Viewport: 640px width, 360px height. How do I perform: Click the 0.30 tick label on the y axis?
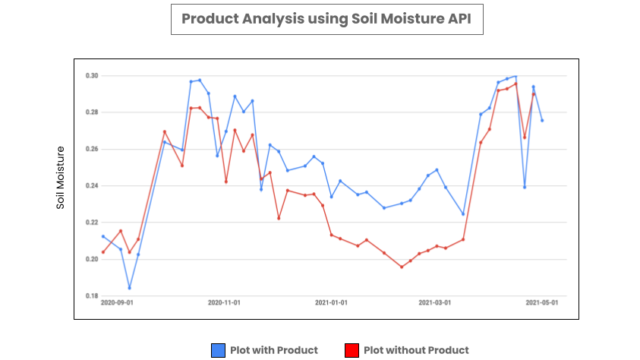pyautogui.click(x=92, y=76)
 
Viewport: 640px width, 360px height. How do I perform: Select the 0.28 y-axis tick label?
pyautogui.click(x=92, y=112)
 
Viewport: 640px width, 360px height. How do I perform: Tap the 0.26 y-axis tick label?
pyautogui.click(x=92, y=149)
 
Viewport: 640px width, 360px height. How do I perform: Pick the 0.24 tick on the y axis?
pyautogui.click(x=92, y=186)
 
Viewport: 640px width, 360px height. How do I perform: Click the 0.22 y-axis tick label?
pyautogui.click(x=92, y=223)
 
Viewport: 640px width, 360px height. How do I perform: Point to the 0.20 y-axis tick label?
pyautogui.click(x=92, y=259)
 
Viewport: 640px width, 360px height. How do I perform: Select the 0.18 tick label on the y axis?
pyautogui.click(x=92, y=295)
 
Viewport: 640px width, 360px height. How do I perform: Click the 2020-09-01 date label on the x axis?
pyautogui.click(x=117, y=302)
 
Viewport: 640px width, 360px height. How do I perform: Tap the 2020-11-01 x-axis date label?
pyautogui.click(x=224, y=302)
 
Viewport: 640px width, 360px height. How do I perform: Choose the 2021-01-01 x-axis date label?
pyautogui.click(x=331, y=302)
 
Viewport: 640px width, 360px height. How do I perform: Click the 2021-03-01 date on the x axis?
pyautogui.click(x=434, y=302)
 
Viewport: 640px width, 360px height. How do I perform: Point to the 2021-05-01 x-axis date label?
pyautogui.click(x=542, y=302)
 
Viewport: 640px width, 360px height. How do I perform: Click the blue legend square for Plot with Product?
pyautogui.click(x=219, y=350)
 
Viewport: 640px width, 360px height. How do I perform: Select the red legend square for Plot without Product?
pyautogui.click(x=352, y=350)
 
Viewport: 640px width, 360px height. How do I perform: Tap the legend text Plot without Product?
pyautogui.click(x=416, y=350)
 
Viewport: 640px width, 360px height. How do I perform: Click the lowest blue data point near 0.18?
pyautogui.click(x=129, y=288)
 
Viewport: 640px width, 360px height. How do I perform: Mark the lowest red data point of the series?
pyautogui.click(x=402, y=267)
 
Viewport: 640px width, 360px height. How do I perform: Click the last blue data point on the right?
pyautogui.click(x=542, y=120)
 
